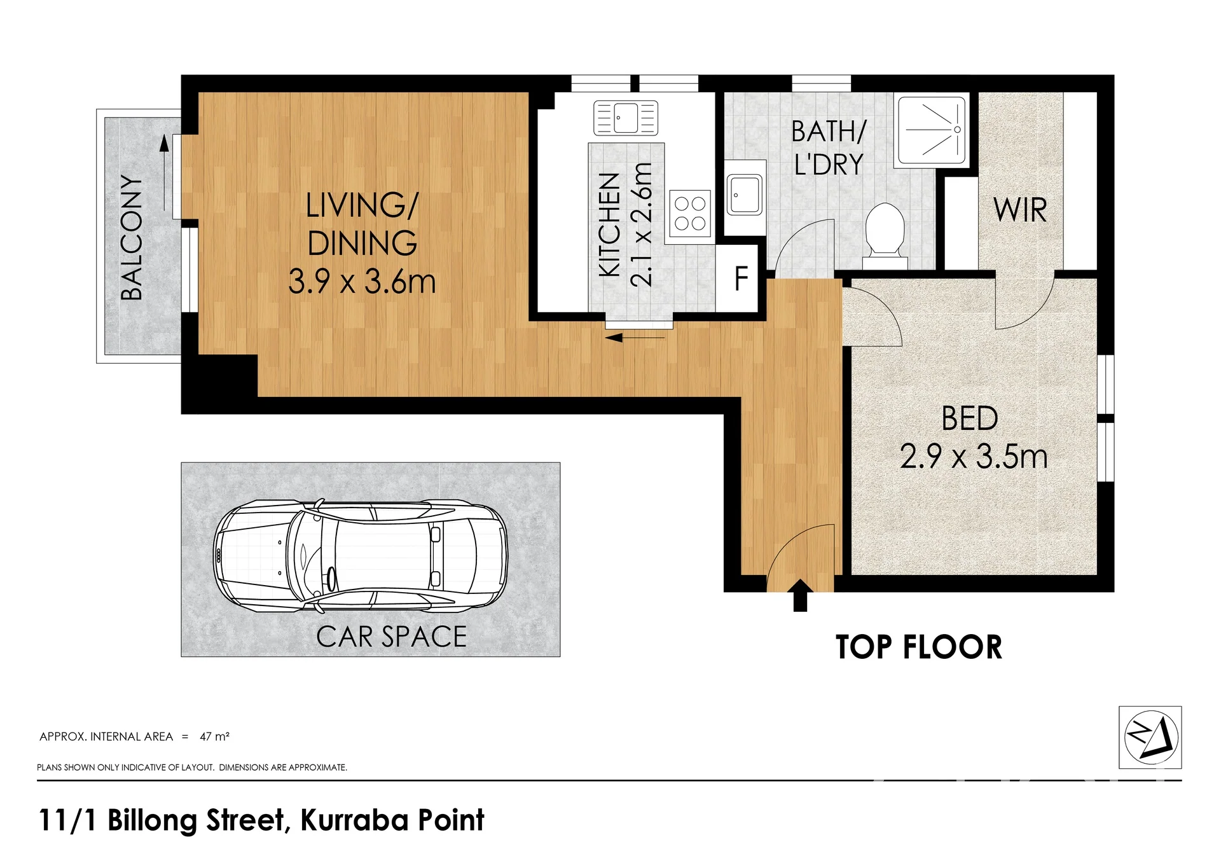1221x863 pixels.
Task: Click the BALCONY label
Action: pyautogui.click(x=132, y=237)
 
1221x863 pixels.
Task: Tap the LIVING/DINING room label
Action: pyautogui.click(x=362, y=224)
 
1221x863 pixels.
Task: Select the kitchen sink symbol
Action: pyautogui.click(x=626, y=118)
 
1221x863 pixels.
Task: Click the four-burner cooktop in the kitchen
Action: pyautogui.click(x=690, y=214)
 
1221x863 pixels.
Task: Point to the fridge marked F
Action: pyautogui.click(x=740, y=278)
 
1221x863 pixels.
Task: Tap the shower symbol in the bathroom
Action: pyautogui.click(x=932, y=130)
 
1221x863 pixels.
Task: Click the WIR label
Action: pyautogui.click(x=1020, y=211)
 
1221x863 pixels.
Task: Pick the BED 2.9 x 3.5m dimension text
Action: pyautogui.click(x=974, y=457)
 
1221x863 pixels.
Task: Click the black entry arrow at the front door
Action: pyautogui.click(x=800, y=595)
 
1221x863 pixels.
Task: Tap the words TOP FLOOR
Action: pyautogui.click(x=919, y=647)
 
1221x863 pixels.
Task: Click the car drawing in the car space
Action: pyautogui.click(x=361, y=556)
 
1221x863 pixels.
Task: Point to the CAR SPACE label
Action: pyautogui.click(x=392, y=637)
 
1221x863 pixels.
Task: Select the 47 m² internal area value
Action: pyautogui.click(x=214, y=736)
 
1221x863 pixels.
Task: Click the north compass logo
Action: pyautogui.click(x=1150, y=737)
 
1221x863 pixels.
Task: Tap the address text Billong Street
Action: pyautogui.click(x=196, y=820)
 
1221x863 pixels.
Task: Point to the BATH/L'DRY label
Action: pyautogui.click(x=829, y=148)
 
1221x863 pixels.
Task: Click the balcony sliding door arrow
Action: pyautogui.click(x=165, y=173)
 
